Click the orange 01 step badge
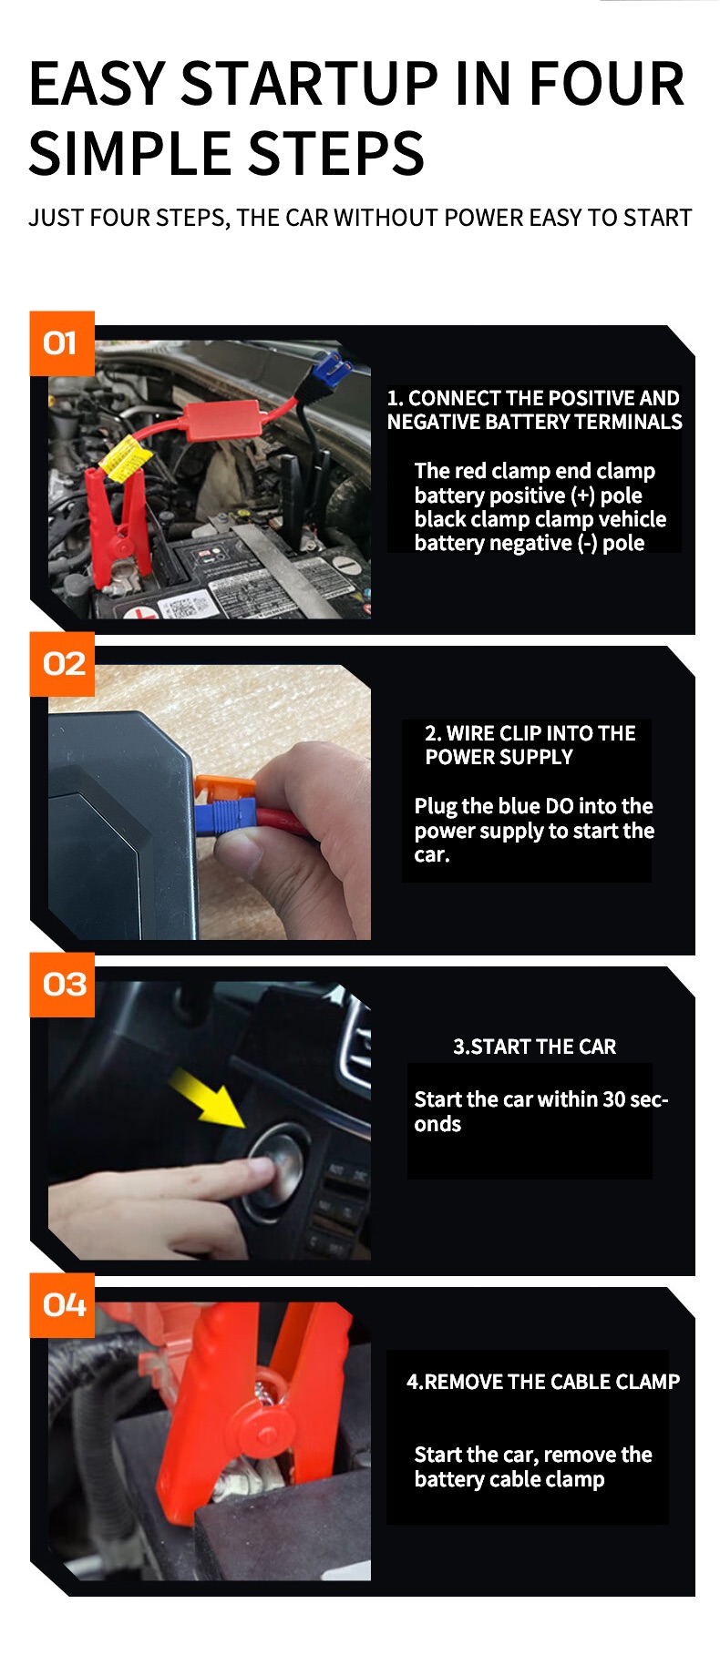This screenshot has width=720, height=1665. click(62, 343)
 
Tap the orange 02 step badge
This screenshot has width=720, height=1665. click(62, 664)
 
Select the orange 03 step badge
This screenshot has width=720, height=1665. click(62, 985)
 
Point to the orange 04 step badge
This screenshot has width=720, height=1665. click(62, 1305)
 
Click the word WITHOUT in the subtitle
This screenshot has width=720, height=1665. click(387, 219)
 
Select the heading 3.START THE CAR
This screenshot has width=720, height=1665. click(535, 1047)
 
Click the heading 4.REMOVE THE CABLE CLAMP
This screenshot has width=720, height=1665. click(543, 1382)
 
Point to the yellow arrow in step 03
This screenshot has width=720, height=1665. click(208, 1098)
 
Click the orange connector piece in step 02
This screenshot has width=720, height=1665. click(219, 789)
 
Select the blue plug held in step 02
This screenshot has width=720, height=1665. click(222, 817)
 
